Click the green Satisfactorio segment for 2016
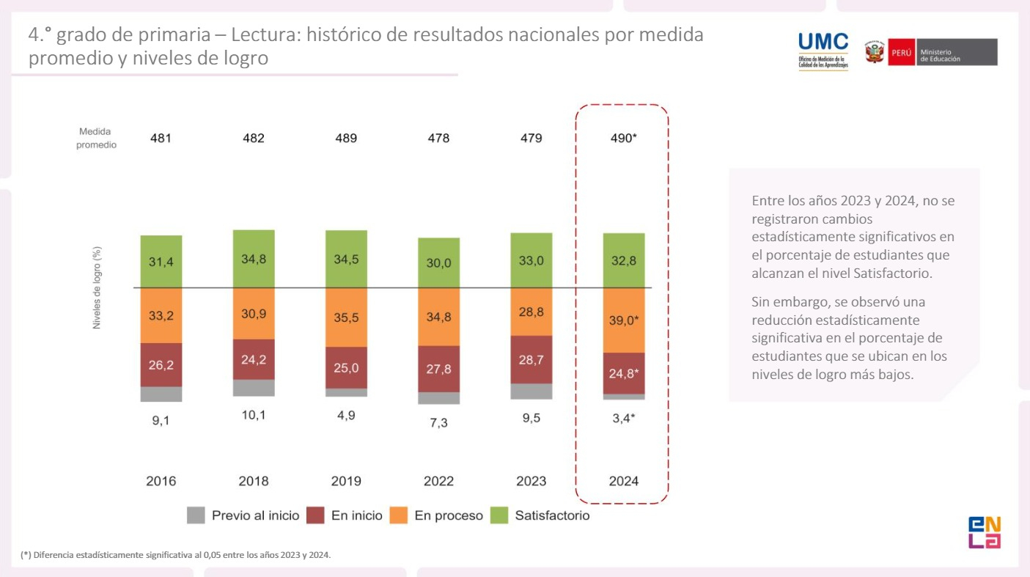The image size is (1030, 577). point(161,261)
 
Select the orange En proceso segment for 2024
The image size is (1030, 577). point(624,320)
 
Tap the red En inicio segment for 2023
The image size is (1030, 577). point(531,359)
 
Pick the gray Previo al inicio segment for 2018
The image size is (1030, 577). point(254,388)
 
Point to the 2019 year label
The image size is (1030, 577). point(346,481)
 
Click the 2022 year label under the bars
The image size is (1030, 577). point(438,481)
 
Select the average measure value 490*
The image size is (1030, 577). point(624,138)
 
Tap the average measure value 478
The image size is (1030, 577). point(438,138)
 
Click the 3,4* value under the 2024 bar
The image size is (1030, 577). point(624,418)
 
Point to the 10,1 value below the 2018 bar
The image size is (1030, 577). point(254,415)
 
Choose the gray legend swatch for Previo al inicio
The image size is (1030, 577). point(196,515)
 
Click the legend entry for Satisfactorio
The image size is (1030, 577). point(552,515)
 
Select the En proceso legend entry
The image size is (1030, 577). point(448,515)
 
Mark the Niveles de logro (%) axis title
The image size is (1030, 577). point(97,287)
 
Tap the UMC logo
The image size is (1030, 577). point(823,51)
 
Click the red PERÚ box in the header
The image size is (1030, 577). point(901,53)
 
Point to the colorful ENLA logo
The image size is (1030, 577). point(984,532)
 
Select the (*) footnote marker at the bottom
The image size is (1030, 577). point(26,555)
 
